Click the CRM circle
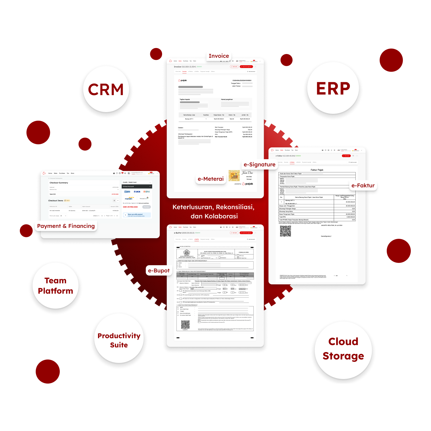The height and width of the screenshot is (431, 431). click(x=105, y=89)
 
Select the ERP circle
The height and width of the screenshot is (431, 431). click(x=333, y=88)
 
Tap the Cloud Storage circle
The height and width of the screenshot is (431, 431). click(x=343, y=349)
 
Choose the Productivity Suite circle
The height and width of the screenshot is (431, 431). click(x=119, y=340)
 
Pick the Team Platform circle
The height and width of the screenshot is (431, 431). click(x=55, y=286)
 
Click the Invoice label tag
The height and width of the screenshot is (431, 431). click(x=219, y=56)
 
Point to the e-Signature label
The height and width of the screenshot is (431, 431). click(x=259, y=165)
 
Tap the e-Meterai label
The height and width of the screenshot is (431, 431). click(x=211, y=179)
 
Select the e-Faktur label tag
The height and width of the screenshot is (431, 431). click(x=363, y=186)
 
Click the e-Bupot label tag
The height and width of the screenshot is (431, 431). click(x=159, y=271)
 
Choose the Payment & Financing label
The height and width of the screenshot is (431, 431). click(x=66, y=226)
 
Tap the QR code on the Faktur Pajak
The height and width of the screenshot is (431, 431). click(x=285, y=231)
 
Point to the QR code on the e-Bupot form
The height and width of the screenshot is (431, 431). click(x=185, y=324)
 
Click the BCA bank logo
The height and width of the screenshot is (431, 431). click(x=137, y=192)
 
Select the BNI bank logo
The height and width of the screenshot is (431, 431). click(x=147, y=192)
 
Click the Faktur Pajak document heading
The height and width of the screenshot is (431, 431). click(x=317, y=170)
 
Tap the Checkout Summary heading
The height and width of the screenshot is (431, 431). click(x=59, y=183)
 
